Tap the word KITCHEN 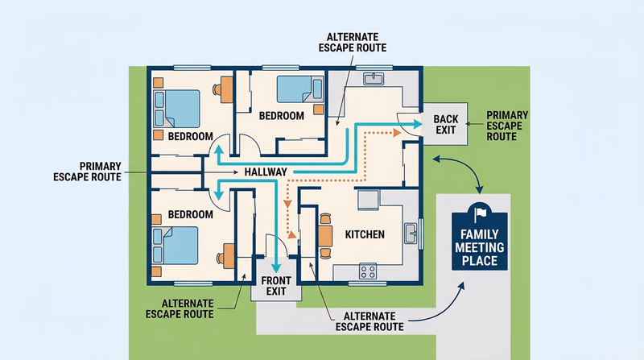point(365,234)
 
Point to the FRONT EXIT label point(273,287)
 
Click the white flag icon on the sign point(481,213)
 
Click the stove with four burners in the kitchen point(369,271)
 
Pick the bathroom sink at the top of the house point(374,79)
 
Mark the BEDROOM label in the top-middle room point(282,116)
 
